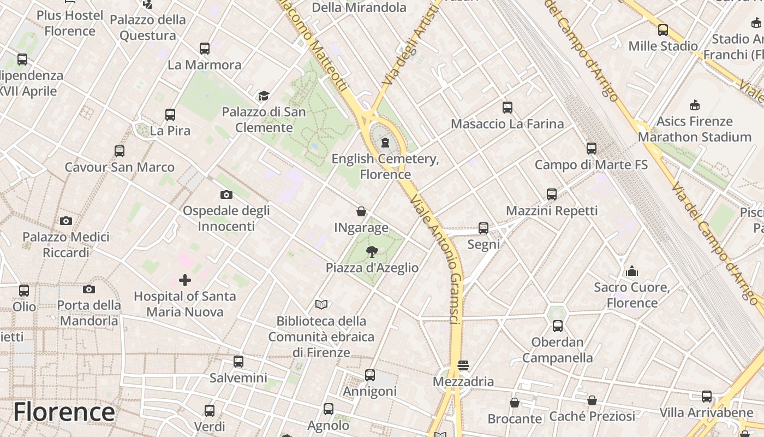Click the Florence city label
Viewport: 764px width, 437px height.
(x=64, y=412)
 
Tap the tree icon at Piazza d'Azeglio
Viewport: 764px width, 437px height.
(x=372, y=251)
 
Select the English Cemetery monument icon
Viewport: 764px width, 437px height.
(x=385, y=143)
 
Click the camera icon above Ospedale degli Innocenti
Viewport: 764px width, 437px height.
(x=226, y=194)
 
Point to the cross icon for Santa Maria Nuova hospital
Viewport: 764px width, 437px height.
(x=185, y=280)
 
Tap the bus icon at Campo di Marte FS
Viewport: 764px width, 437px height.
(x=591, y=148)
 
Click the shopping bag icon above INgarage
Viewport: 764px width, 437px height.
(x=361, y=211)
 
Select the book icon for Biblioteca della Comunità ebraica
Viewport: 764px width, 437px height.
(x=321, y=304)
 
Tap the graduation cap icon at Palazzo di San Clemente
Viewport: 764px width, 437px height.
(x=264, y=96)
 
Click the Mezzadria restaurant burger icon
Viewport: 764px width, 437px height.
(x=463, y=365)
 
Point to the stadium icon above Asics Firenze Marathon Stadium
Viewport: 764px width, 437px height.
(x=694, y=105)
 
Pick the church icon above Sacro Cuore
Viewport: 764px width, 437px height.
(x=631, y=271)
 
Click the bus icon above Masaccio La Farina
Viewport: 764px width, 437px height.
(x=507, y=108)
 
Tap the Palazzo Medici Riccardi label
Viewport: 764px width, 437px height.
(x=65, y=244)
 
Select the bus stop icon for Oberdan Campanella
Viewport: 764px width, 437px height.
(x=557, y=326)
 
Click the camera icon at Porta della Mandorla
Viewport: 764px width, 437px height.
(x=88, y=289)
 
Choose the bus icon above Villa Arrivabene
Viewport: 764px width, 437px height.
(x=706, y=396)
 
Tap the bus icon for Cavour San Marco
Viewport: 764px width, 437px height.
(x=119, y=151)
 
